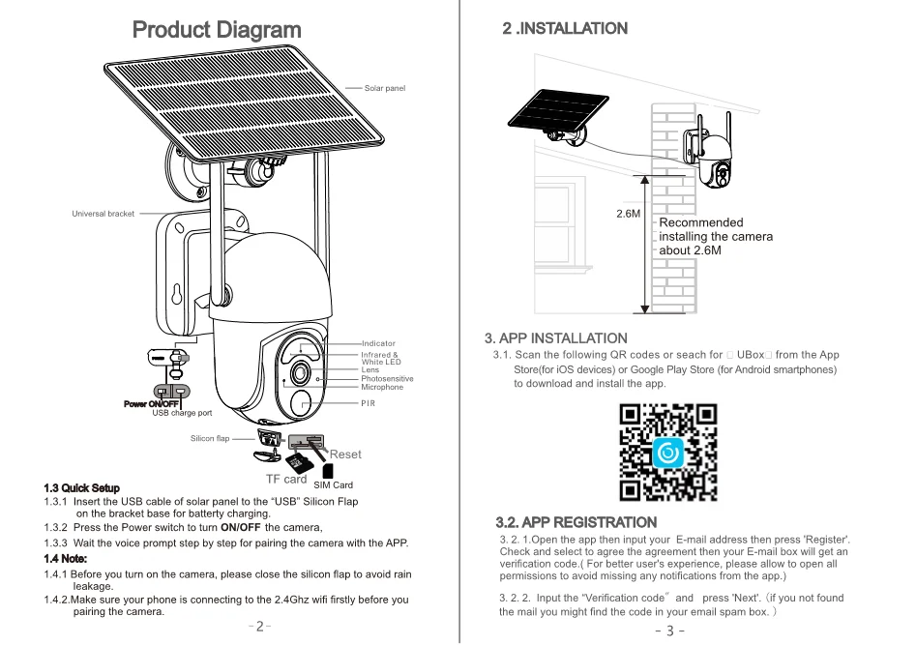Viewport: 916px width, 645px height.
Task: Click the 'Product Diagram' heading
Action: (x=217, y=30)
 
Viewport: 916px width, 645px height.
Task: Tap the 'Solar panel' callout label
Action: (x=385, y=88)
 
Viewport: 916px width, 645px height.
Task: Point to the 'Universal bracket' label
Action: (x=103, y=214)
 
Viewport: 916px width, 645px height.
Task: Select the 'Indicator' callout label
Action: (x=378, y=343)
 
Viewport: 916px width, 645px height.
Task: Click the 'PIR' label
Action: (x=368, y=402)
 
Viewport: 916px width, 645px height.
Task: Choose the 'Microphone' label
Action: (x=382, y=387)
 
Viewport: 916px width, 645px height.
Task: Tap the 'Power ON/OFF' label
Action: (x=152, y=404)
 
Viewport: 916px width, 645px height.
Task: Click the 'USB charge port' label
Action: (x=182, y=413)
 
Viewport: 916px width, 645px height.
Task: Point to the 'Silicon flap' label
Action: (x=210, y=439)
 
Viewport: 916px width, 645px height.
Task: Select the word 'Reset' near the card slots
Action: (x=345, y=454)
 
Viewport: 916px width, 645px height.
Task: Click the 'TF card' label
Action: (x=286, y=479)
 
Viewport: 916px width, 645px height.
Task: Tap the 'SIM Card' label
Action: (x=334, y=484)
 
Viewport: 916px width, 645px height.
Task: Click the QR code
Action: (x=668, y=452)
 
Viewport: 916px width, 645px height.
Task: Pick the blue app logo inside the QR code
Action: (x=668, y=452)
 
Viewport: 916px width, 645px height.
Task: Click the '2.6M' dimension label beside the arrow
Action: (x=629, y=213)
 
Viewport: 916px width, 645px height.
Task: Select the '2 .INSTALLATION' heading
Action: (x=565, y=29)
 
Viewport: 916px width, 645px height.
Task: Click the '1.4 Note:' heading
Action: (x=66, y=558)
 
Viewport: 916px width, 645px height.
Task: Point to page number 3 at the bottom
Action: (x=669, y=631)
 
